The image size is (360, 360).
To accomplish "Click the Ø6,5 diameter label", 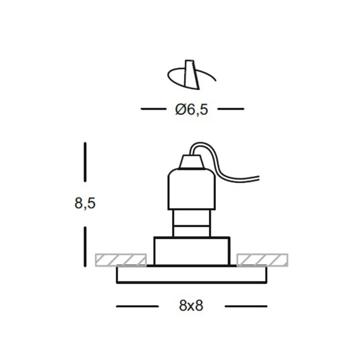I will (191, 110).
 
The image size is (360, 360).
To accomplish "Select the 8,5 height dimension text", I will (85, 204).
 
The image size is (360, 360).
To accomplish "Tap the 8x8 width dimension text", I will (191, 306).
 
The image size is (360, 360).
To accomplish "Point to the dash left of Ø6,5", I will (153, 109).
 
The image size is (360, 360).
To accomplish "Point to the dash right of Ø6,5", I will (231, 109).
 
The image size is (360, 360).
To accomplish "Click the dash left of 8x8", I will (137, 306).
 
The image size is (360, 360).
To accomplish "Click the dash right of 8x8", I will (246, 306).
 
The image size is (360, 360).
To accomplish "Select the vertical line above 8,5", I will (85, 162).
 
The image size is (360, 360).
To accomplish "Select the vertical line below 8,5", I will (85, 245).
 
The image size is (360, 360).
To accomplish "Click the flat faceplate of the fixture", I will (192, 275).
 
